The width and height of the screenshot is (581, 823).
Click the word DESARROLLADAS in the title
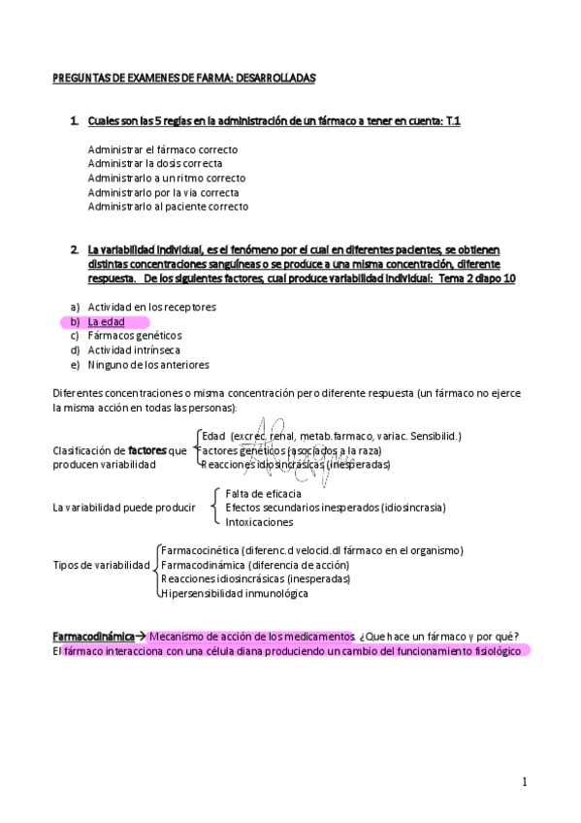274,77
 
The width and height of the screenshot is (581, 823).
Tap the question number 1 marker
74,120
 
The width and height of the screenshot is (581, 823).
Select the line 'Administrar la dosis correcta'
154,164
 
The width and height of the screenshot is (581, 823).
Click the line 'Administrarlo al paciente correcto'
168,207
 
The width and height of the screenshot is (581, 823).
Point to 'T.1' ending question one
451,120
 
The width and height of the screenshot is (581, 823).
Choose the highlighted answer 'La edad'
107,321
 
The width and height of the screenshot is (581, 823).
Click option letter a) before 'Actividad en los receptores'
75,307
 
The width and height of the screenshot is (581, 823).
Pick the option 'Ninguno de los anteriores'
148,365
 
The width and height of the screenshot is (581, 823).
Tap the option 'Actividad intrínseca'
134,350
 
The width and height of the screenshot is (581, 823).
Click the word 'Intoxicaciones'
259,522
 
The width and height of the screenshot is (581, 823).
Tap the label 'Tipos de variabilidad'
102,565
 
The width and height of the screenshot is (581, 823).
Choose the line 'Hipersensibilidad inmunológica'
234,593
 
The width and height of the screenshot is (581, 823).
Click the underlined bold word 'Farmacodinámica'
90,636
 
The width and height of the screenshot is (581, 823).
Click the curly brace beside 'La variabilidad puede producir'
215,507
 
